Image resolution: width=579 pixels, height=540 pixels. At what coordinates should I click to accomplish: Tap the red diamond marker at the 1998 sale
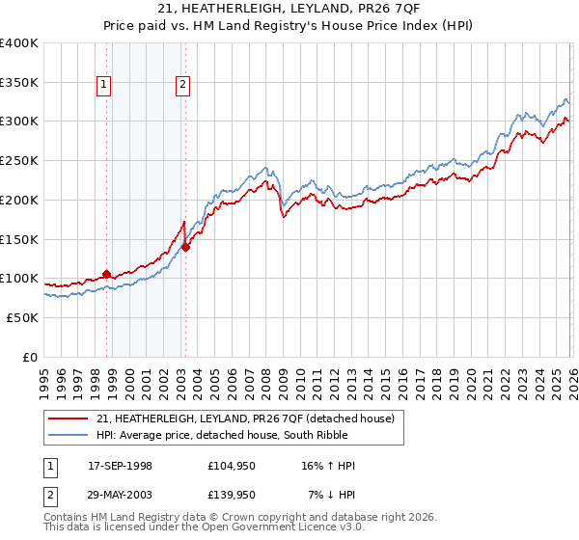pos(106,274)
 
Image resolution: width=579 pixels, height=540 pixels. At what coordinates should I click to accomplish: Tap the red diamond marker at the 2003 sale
pos(186,247)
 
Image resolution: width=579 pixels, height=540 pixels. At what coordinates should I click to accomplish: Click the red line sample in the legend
pos(69,419)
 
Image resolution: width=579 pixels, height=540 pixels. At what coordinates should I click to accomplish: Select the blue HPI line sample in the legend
pos(69,436)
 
